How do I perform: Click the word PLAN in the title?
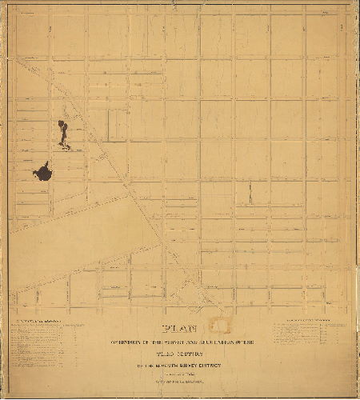click(181, 327)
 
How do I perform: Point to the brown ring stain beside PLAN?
click(218, 326)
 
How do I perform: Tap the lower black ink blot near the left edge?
click(43, 172)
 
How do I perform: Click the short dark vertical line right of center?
click(250, 192)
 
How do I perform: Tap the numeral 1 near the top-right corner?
click(342, 28)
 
